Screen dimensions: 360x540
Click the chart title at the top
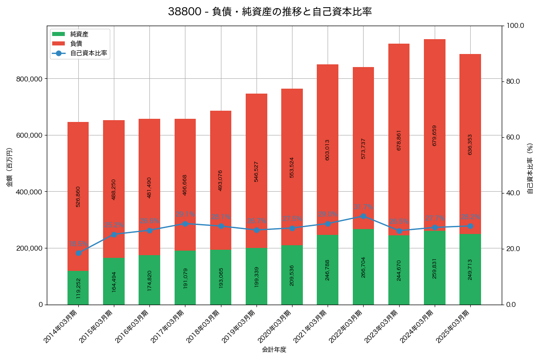(270, 12)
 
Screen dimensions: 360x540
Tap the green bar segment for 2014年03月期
(78, 288)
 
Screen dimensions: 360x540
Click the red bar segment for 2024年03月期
(435, 135)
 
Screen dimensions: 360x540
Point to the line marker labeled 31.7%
(363, 216)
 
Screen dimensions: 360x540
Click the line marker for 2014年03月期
(78, 253)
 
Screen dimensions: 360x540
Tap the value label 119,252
(78, 288)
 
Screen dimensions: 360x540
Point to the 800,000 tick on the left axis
(29, 79)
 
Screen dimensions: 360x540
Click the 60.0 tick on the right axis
(513, 137)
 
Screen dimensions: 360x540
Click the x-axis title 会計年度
(274, 349)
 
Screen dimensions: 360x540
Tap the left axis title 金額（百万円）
(9, 167)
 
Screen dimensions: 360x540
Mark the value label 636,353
(470, 144)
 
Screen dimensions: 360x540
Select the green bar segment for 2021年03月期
(328, 270)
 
